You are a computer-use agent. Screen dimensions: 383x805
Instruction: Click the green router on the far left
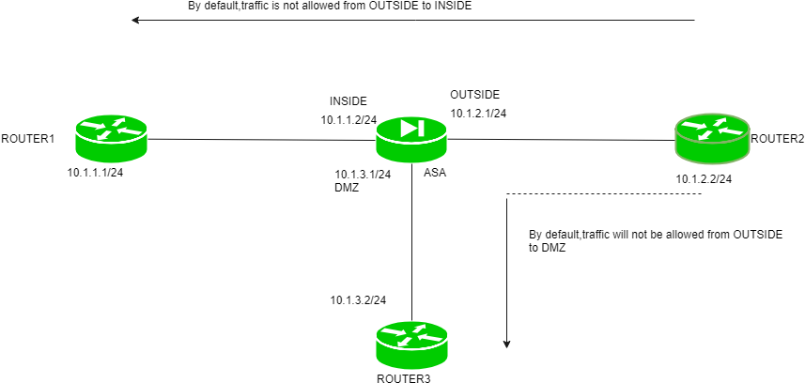click(x=111, y=139)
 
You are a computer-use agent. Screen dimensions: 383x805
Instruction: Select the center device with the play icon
click(x=411, y=140)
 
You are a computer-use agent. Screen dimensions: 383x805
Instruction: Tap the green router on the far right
click(x=712, y=139)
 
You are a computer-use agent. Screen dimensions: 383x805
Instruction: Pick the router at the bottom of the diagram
click(x=411, y=345)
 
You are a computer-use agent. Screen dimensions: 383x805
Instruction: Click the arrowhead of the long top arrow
click(x=135, y=20)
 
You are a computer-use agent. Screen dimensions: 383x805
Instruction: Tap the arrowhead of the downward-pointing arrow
click(x=506, y=345)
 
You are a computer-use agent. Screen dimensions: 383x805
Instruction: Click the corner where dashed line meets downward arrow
click(x=506, y=194)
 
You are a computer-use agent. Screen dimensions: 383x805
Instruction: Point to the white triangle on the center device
click(x=409, y=128)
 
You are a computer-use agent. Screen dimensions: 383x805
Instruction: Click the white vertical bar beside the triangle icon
click(x=421, y=128)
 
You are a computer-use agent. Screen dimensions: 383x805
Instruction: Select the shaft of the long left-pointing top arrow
click(x=413, y=20)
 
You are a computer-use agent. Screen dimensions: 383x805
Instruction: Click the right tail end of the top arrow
click(x=694, y=20)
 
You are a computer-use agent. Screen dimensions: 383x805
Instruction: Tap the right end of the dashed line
click(x=702, y=194)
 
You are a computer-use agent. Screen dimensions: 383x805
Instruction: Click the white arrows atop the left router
click(x=111, y=129)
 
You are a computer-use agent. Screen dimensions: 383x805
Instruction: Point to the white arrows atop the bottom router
click(x=411, y=335)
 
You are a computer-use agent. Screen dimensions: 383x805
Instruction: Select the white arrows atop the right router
click(x=712, y=129)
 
